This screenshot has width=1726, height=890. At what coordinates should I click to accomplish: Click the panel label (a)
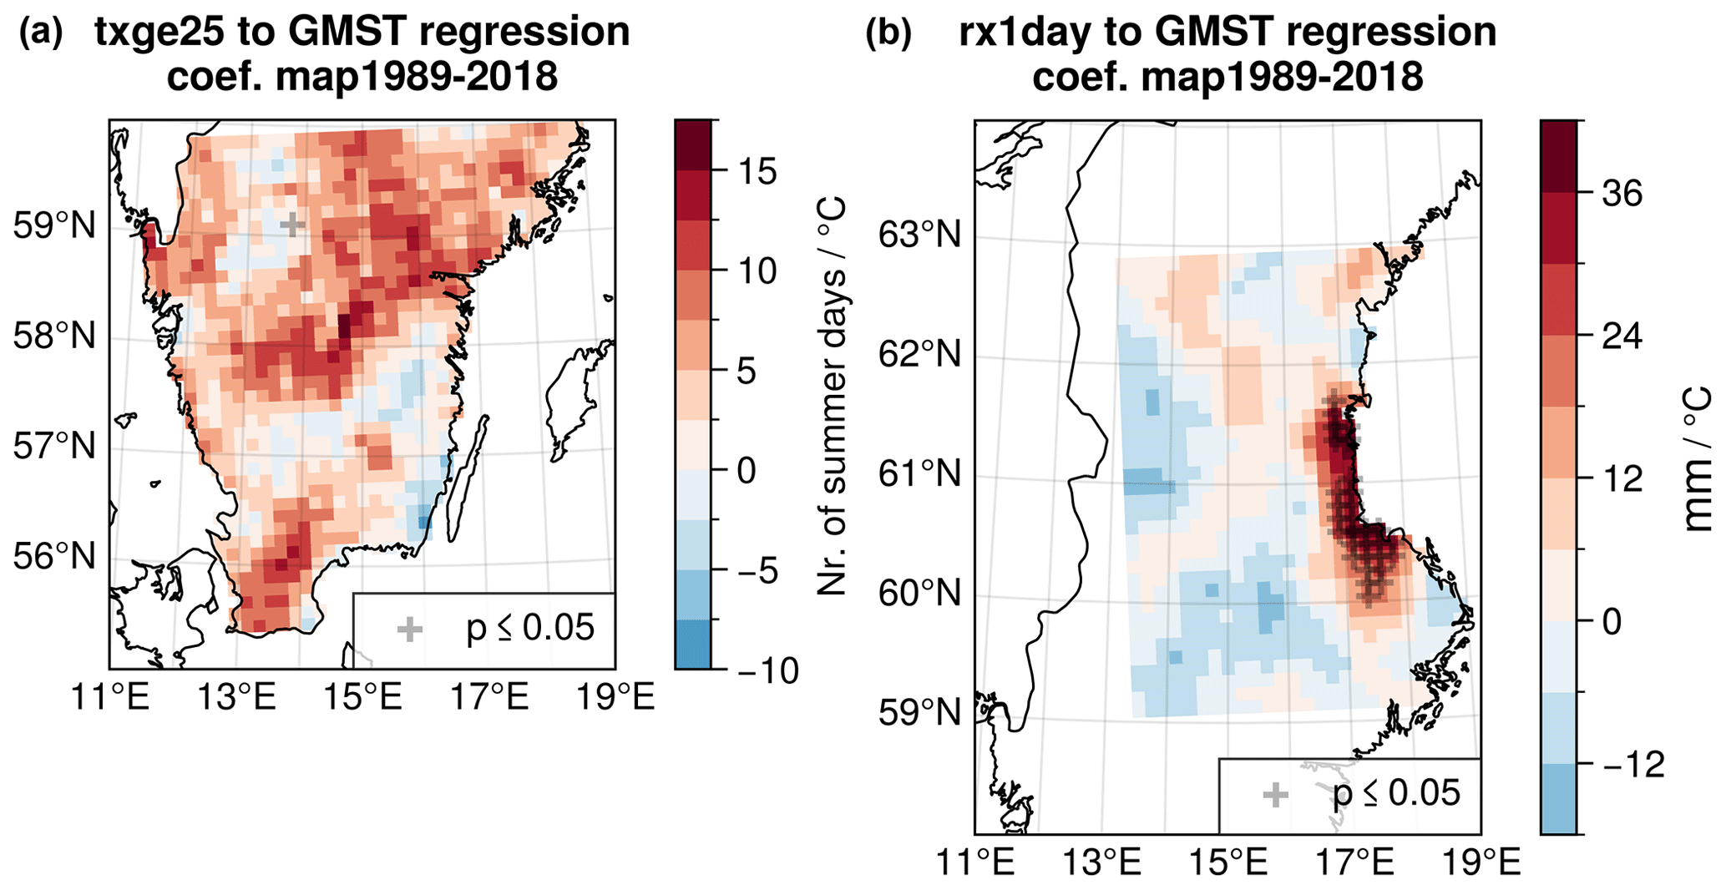40,33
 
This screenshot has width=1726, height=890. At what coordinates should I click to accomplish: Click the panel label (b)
888,33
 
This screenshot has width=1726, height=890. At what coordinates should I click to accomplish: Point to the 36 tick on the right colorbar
1622,195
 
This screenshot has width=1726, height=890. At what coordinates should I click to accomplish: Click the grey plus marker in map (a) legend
409,630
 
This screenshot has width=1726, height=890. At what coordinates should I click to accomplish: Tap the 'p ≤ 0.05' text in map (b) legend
1396,793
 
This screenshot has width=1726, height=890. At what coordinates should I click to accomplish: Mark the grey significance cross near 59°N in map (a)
291,225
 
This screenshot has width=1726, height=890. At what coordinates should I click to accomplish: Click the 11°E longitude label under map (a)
109,698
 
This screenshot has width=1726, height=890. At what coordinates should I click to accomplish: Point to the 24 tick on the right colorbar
1622,336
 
